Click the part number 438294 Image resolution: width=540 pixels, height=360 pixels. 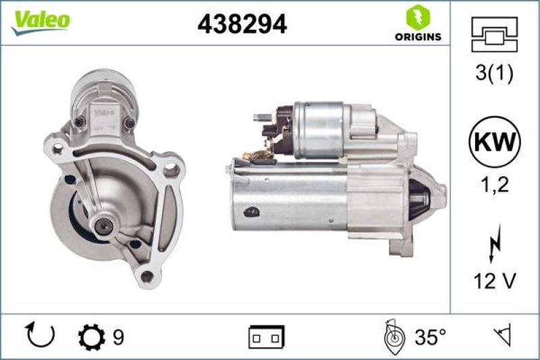(242, 24)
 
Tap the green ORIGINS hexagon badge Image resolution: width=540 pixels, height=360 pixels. (414, 16)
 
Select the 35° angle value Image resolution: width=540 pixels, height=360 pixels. (430, 336)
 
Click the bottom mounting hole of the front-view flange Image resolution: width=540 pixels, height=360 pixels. (146, 274)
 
